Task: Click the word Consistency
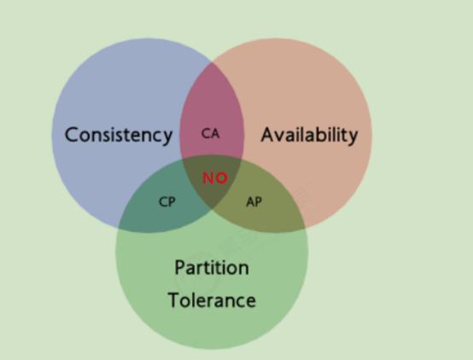point(119,136)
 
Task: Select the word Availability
point(310,135)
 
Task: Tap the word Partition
point(212,267)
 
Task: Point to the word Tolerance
point(212,300)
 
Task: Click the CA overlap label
point(211,134)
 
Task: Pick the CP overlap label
point(166,201)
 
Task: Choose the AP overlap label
point(254,201)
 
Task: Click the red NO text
point(215,178)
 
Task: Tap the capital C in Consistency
point(71,135)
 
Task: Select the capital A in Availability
point(268,135)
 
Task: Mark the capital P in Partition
point(180,267)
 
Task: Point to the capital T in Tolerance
point(174,300)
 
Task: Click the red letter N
point(208,178)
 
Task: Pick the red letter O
point(222,178)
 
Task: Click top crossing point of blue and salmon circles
point(212,62)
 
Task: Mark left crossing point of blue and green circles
point(119,227)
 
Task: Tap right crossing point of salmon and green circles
point(305,227)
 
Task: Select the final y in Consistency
point(167,138)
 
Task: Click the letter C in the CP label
point(163,201)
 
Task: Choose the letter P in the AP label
point(259,201)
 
